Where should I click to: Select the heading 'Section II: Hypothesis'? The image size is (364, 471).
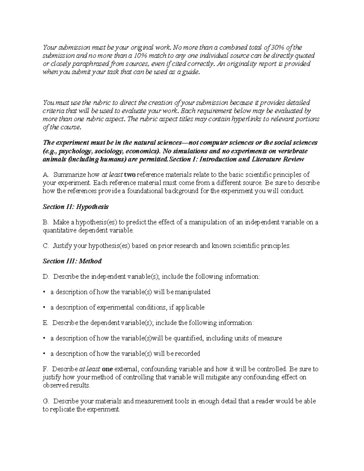(x=76, y=207)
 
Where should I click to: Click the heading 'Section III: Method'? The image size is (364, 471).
(x=72, y=261)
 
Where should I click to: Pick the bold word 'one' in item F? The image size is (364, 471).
(x=107, y=369)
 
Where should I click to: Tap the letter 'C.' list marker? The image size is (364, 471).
(x=46, y=246)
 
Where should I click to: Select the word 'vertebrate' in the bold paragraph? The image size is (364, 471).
(x=292, y=151)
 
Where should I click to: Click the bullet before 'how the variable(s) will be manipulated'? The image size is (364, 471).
(x=45, y=292)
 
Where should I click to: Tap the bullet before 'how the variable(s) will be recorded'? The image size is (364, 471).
(x=45, y=354)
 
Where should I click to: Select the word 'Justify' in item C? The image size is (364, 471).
(x=62, y=246)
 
